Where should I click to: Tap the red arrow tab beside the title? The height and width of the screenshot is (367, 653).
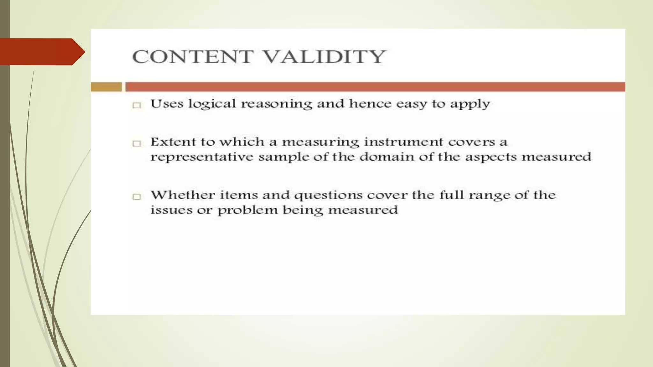(41, 52)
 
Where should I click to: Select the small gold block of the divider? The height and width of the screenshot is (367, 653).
(106, 87)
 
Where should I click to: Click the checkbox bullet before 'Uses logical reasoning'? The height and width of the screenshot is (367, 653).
(137, 105)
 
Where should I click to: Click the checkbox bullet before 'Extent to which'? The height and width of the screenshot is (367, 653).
(137, 143)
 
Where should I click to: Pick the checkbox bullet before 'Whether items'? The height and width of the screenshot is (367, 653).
(137, 197)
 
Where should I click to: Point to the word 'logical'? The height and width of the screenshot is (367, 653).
(212, 104)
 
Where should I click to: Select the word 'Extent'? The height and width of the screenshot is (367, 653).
(172, 142)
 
